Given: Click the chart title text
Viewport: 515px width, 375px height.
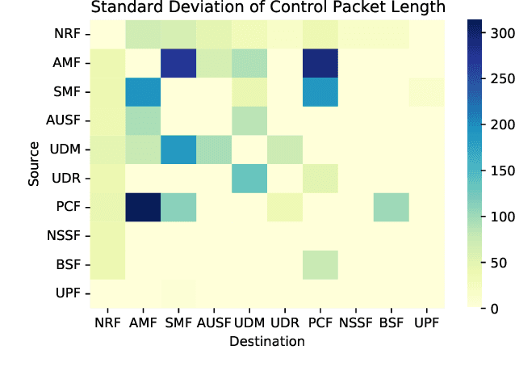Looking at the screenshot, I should pos(267,8).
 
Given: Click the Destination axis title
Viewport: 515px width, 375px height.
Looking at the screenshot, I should pos(267,341).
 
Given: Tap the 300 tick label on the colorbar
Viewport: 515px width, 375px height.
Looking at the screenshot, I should pos(500,34).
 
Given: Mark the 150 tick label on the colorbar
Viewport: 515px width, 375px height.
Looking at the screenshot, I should pos(500,171).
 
